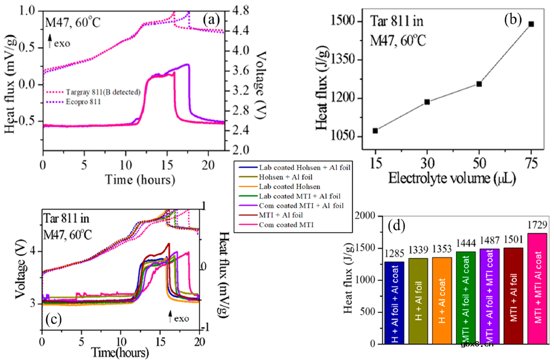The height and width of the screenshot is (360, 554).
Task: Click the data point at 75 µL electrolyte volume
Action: click(531, 24)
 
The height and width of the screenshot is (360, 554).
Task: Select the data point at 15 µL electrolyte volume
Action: click(375, 130)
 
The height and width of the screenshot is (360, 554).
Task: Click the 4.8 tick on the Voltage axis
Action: click(236, 11)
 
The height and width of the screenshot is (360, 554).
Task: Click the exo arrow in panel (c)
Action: click(171, 316)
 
